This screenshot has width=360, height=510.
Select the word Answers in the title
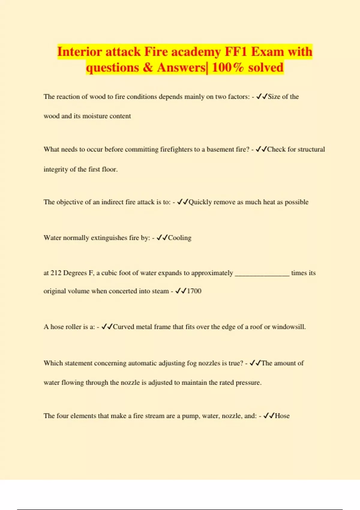[x=181, y=67]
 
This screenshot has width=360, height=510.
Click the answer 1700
[x=194, y=291]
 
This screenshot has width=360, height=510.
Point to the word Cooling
[x=180, y=238]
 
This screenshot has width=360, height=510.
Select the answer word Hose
[x=282, y=416]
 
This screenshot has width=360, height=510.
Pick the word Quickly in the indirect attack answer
[x=200, y=202]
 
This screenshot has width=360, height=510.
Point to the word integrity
[x=56, y=169]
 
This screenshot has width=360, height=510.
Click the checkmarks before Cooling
[x=162, y=238]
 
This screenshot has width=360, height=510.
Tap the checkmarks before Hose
[x=268, y=416]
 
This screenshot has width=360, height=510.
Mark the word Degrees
[x=75, y=273]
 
